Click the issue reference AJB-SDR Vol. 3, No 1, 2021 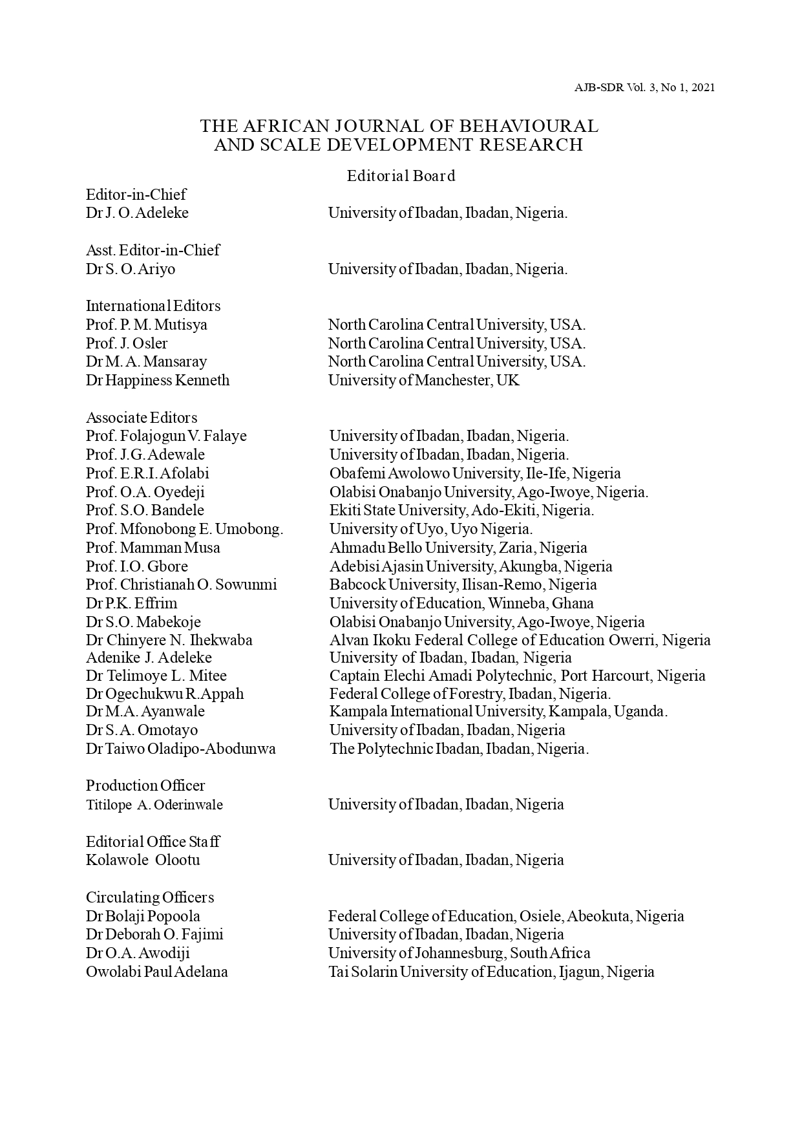(x=644, y=87)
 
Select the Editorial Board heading (x=401, y=176)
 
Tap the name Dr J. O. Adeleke (x=137, y=213)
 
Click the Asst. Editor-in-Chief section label (x=153, y=250)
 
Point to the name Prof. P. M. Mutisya (x=147, y=325)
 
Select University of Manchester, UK (x=423, y=380)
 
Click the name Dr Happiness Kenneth (x=158, y=380)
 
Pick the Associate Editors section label (x=142, y=418)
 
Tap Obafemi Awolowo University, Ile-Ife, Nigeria (x=475, y=473)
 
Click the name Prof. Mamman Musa (x=153, y=548)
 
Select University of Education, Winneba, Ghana (x=461, y=603)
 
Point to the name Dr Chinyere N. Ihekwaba (x=169, y=640)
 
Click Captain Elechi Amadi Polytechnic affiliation (x=517, y=676)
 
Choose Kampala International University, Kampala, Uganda (x=498, y=711)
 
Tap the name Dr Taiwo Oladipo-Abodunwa (x=181, y=749)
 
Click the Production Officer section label (x=145, y=786)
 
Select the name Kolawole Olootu (x=143, y=860)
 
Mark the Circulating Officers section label (x=150, y=897)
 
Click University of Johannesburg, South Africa (x=459, y=953)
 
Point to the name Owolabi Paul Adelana (x=157, y=972)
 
